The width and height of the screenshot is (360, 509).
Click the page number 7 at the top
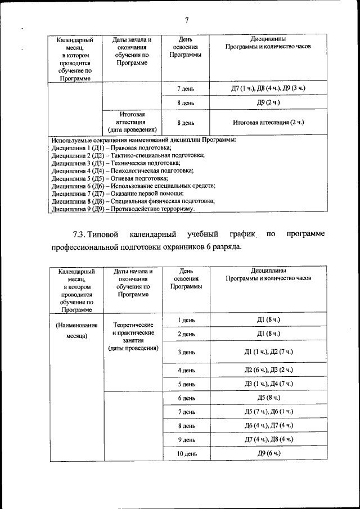click(186, 21)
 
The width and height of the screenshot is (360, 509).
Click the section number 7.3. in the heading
click(83, 233)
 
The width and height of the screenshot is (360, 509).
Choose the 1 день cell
click(186, 321)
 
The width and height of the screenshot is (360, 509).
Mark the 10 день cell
click(186, 453)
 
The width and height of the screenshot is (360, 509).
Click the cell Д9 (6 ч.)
click(268, 453)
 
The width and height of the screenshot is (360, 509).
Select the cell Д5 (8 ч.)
click(268, 398)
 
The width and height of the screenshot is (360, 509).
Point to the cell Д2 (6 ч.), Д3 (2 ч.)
click(268, 370)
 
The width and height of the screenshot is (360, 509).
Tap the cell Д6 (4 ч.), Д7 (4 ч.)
click(268, 426)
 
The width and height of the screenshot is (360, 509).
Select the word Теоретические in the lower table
click(134, 325)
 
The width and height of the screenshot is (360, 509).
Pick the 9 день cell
click(186, 439)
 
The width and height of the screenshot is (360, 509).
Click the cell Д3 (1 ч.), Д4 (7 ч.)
click(268, 384)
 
